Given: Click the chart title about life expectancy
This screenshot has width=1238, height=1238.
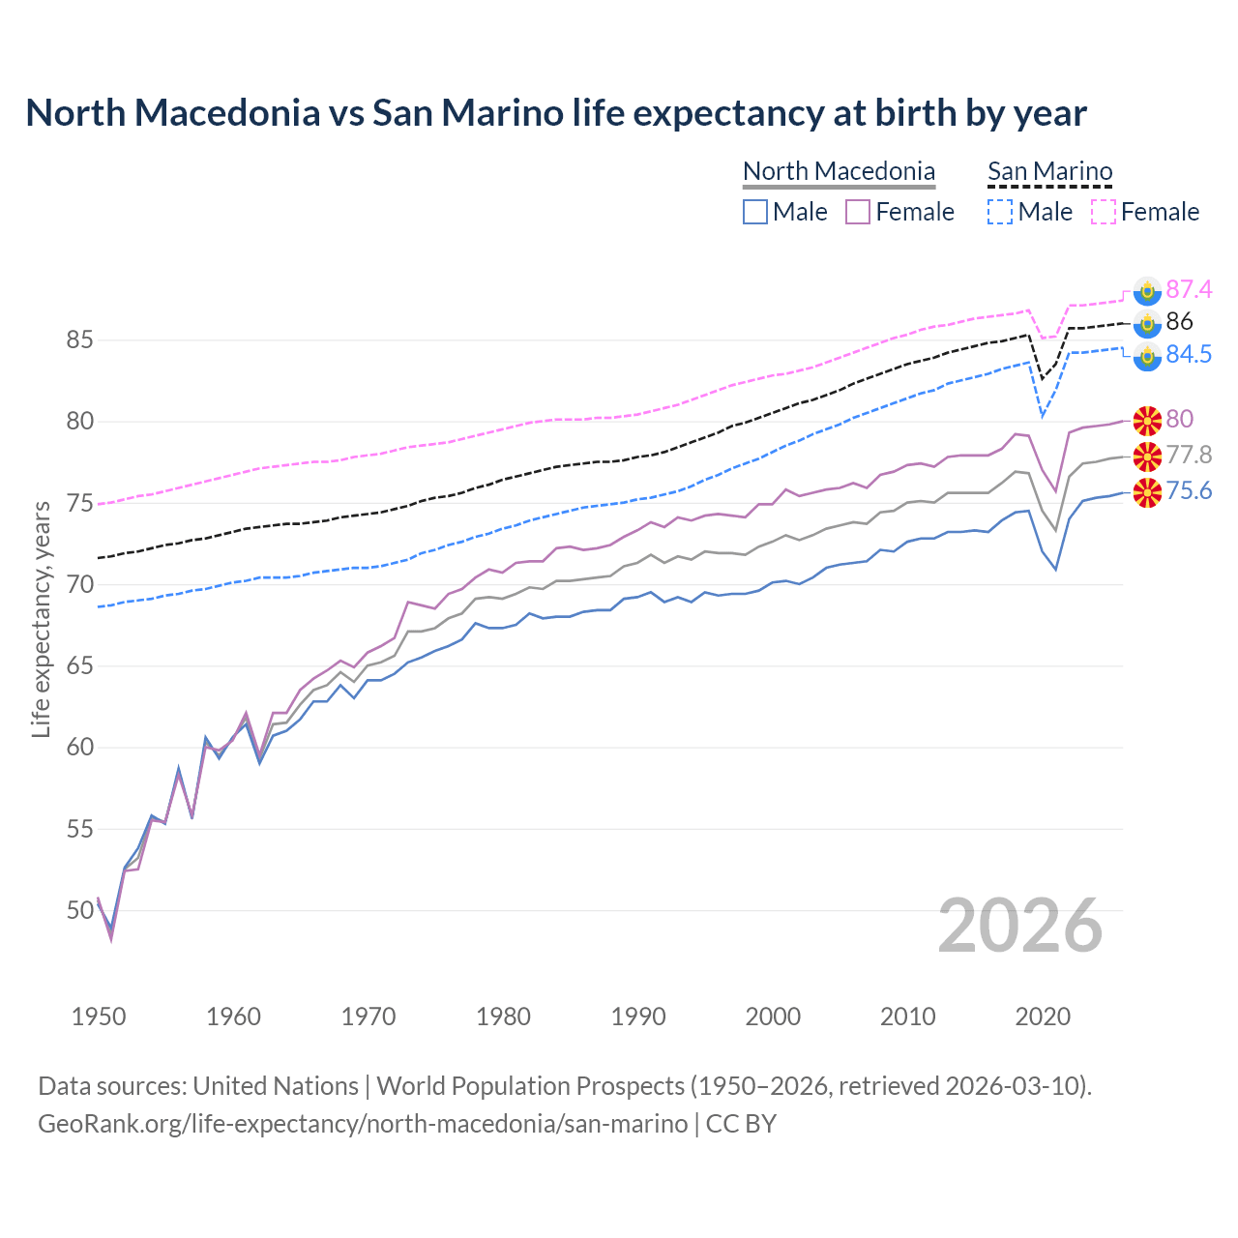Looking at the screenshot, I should click(556, 113).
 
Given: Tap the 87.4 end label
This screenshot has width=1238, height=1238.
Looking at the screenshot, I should click(1189, 289).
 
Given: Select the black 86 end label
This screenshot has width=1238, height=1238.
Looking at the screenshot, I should click(1179, 321).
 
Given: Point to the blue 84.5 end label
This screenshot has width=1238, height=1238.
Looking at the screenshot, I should click(1189, 354).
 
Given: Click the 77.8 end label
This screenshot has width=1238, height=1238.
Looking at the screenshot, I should click(1189, 455).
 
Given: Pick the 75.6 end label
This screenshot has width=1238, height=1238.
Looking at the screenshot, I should click(1189, 491).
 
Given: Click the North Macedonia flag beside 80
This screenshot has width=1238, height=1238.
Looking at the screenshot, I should click(1147, 420).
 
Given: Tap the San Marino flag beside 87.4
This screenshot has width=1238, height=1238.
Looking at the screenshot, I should click(1147, 290).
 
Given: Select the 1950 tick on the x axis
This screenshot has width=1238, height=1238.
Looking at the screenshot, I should click(99, 1017).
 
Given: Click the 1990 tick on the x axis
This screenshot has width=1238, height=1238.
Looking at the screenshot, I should click(638, 1017).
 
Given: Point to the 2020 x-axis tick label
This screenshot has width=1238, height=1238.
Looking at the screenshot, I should click(1043, 1017).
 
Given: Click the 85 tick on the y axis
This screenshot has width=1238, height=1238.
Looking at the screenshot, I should click(79, 340).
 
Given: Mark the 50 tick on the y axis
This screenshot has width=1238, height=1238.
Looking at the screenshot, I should click(79, 910).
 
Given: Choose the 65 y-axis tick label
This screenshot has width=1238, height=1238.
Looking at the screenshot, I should click(79, 666).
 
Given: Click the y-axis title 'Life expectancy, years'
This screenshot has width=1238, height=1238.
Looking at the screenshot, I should click(41, 619).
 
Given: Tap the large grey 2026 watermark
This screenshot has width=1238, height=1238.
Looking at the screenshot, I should click(1020, 926).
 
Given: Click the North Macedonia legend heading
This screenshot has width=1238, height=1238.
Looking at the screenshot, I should click(839, 171).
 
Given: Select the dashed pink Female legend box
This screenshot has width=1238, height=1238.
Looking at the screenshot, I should click(1104, 212).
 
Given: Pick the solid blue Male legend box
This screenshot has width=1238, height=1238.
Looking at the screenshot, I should click(755, 212).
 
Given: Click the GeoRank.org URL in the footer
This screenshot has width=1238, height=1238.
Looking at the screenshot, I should click(363, 1124).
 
